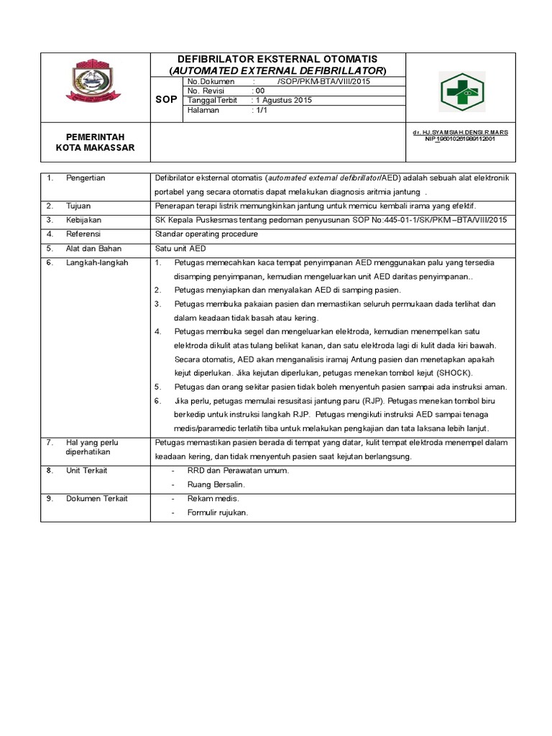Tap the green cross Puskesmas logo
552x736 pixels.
pyautogui.click(x=462, y=91)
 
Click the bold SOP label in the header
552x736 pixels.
pyautogui.click(x=166, y=101)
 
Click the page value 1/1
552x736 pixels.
pyautogui.click(x=259, y=111)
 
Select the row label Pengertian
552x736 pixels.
pyautogui.click(x=86, y=178)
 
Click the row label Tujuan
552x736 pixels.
pyautogui.click(x=78, y=206)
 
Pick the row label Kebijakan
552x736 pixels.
pyautogui.click(x=83, y=219)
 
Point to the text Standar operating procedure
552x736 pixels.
pyautogui.click(x=206, y=234)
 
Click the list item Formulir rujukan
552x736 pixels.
pyautogui.click(x=218, y=512)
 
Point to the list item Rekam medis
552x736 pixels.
pyautogui.click(x=213, y=499)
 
